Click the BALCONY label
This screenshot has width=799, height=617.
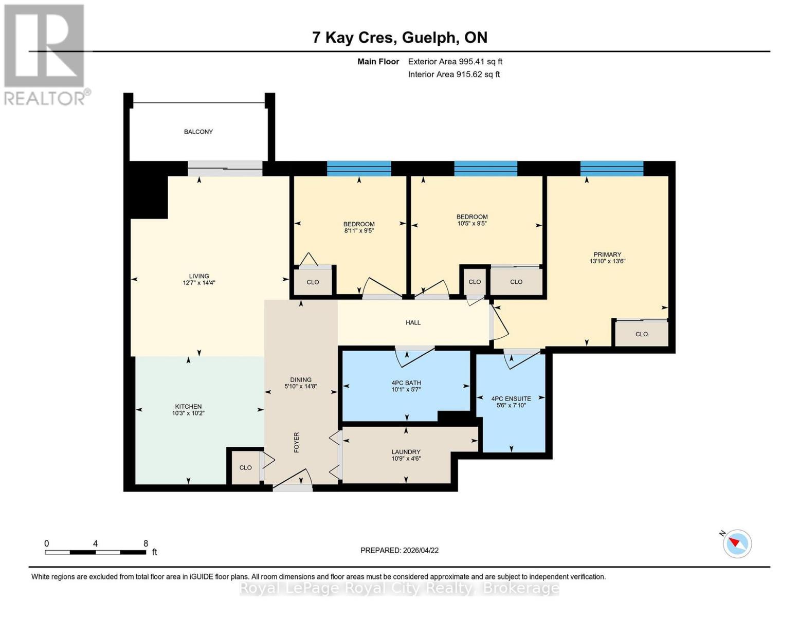(198, 132)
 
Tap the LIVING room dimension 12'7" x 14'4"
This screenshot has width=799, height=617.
(199, 283)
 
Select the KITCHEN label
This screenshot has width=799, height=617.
(188, 407)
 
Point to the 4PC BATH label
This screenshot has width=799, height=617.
(406, 383)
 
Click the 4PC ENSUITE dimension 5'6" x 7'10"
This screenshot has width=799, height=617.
(511, 406)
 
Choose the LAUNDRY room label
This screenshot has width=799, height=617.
(406, 452)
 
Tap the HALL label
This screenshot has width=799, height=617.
(413, 323)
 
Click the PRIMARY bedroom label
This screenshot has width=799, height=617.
(607, 255)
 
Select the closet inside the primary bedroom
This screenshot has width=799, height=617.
(642, 334)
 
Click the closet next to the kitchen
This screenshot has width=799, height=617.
(245, 467)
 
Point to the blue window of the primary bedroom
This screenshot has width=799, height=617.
(612, 169)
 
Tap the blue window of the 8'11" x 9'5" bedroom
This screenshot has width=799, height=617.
(359, 169)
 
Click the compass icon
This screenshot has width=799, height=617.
(737, 543)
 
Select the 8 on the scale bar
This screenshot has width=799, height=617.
(146, 543)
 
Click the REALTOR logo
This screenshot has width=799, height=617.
(45, 54)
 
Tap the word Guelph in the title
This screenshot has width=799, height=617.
(429, 38)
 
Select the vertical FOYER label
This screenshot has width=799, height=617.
(297, 442)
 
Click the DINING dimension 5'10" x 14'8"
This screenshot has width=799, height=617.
(301, 386)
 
